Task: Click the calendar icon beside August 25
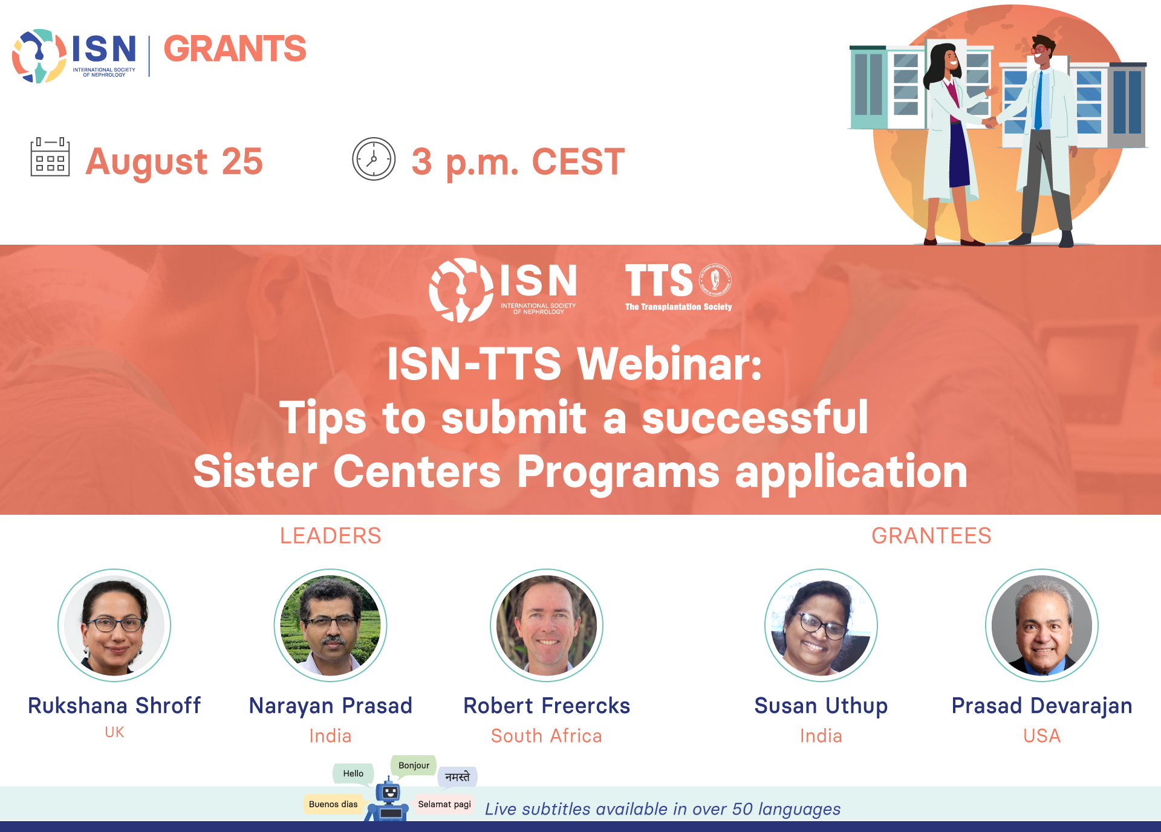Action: [x=50, y=157]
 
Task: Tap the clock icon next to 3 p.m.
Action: [x=374, y=159]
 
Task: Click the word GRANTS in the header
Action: [x=235, y=48]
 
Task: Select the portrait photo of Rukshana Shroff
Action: [x=114, y=625]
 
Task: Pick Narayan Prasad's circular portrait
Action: [x=330, y=625]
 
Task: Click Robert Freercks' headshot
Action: [x=547, y=625]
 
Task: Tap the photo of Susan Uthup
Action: [x=821, y=625]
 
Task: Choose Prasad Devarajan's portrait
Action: [x=1042, y=625]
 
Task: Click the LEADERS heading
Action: [x=331, y=536]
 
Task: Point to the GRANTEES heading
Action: [x=931, y=536]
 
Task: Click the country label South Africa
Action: [x=547, y=736]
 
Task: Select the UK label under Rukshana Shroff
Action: [x=114, y=732]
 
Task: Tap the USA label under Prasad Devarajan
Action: [x=1042, y=736]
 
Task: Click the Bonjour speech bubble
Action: [x=414, y=766]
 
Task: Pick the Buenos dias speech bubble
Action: [x=333, y=804]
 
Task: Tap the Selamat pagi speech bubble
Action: [x=444, y=804]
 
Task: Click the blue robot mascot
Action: [x=388, y=801]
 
